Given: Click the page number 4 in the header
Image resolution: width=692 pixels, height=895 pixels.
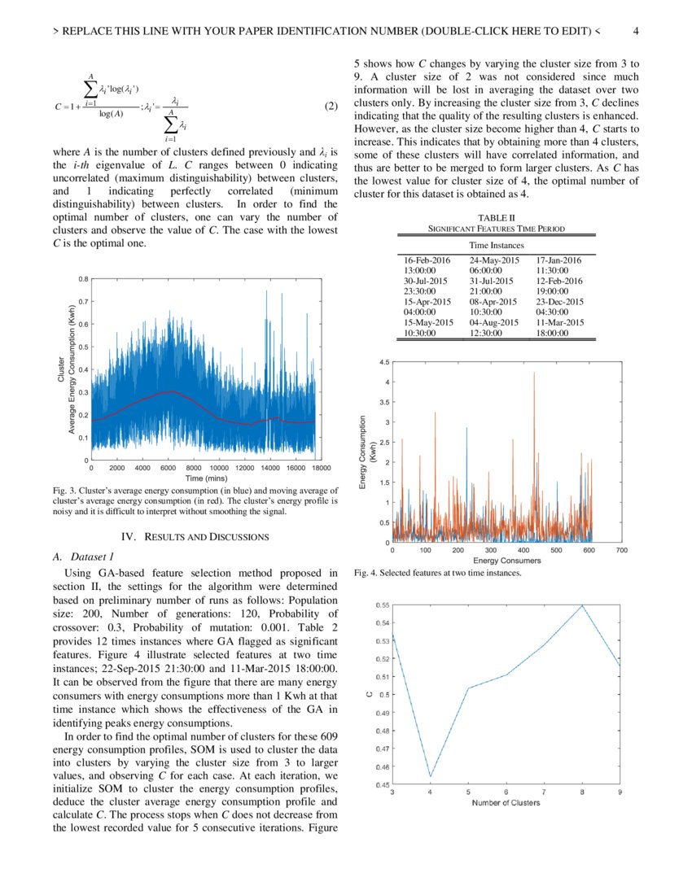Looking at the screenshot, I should point(636,33).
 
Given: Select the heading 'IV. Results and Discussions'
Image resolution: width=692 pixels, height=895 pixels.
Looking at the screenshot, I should point(195,536).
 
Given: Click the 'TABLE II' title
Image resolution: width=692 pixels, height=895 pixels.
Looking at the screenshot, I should point(496,218).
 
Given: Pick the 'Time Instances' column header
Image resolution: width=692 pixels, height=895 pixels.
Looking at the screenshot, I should point(496,244).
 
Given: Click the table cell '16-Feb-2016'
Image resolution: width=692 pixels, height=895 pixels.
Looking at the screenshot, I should point(427,260).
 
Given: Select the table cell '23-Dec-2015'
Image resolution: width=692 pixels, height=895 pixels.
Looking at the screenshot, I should point(560,301).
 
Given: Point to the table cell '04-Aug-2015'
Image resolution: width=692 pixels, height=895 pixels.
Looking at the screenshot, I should point(494,322).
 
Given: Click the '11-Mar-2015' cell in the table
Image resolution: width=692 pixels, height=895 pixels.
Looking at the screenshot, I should point(560,322).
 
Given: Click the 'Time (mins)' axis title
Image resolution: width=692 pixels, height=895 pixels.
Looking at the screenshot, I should point(205,479).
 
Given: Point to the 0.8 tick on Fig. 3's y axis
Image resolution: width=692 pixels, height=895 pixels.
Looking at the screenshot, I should point(83,279).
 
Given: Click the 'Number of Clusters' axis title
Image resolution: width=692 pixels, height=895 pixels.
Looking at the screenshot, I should point(506,803).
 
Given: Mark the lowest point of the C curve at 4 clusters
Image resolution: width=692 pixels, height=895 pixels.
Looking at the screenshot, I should point(431,777).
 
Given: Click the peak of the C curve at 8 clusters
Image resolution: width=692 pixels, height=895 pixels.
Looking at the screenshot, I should point(583,605).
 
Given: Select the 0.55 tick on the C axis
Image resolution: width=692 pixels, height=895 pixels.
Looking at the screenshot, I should point(382,605).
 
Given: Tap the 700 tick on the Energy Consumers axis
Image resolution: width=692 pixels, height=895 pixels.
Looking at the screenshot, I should point(621,550).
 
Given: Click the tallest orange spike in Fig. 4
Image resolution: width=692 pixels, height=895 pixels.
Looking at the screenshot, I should point(534,373).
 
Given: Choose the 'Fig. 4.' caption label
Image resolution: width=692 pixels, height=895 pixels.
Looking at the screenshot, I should point(366,573).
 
